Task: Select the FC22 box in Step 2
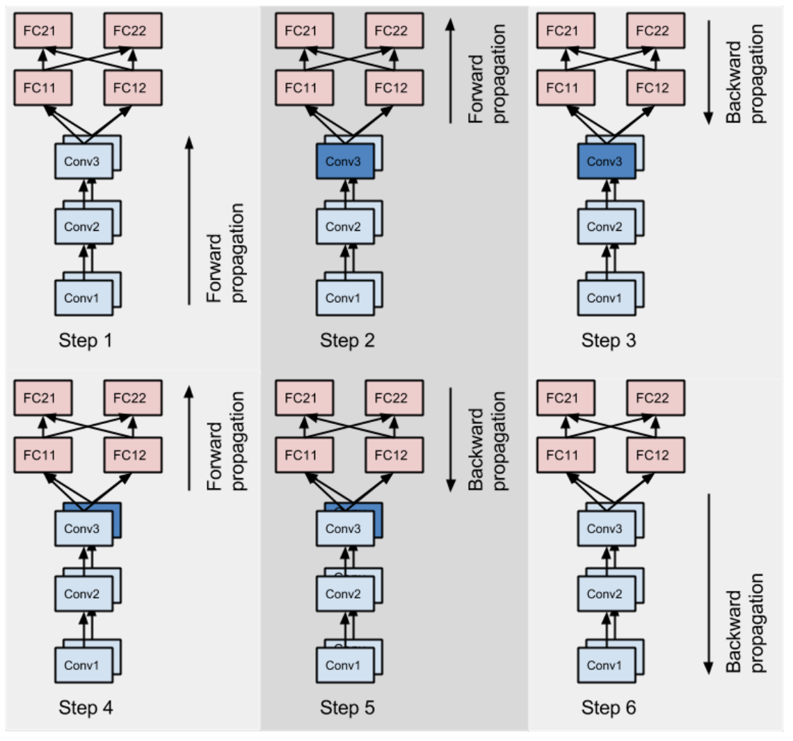coord(395,32)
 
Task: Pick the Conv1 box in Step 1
coord(83,298)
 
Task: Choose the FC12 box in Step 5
coord(395,455)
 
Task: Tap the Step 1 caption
coord(86,341)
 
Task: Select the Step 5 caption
coord(347,708)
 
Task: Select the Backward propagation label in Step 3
coord(745,74)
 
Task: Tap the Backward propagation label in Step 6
coord(745,622)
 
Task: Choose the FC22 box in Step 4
coord(133,398)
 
